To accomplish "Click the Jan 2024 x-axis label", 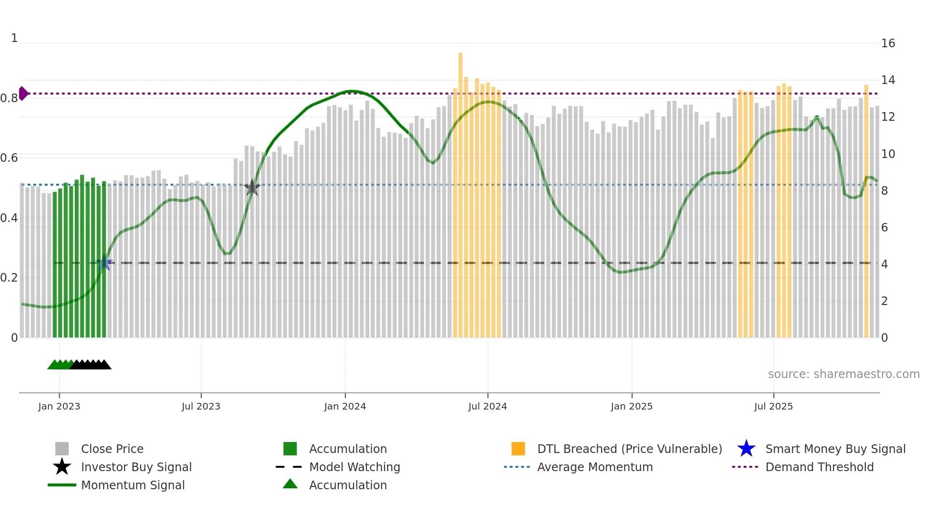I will pyautogui.click(x=345, y=406).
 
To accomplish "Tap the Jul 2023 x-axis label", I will pyautogui.click(x=201, y=406).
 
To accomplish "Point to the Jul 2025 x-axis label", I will pyautogui.click(x=773, y=406).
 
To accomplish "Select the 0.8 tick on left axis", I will pyautogui.click(x=9, y=98).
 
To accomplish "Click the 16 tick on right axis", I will pyautogui.click(x=888, y=43).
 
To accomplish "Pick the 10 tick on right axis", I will pyautogui.click(x=888, y=154).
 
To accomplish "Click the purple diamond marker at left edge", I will pyautogui.click(x=23, y=94).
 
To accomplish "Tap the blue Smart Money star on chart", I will pyautogui.click(x=104, y=263).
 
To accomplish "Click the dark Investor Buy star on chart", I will pyautogui.click(x=252, y=188).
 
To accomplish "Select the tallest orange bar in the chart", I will pyautogui.click(x=460, y=191).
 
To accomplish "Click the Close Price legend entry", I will pyautogui.click(x=112, y=449).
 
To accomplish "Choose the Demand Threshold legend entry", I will pyautogui.click(x=819, y=467).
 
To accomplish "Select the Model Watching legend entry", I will pyautogui.click(x=354, y=467).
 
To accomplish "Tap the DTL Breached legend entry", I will pyautogui.click(x=629, y=449).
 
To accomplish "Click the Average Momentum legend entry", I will pyautogui.click(x=594, y=467).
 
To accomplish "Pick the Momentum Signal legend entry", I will pyautogui.click(x=133, y=485).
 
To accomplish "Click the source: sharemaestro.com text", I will pyautogui.click(x=843, y=374).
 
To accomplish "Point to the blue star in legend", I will pyautogui.click(x=746, y=449).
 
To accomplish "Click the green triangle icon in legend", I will pyautogui.click(x=290, y=484).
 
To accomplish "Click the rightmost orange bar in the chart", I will pyautogui.click(x=866, y=210).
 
